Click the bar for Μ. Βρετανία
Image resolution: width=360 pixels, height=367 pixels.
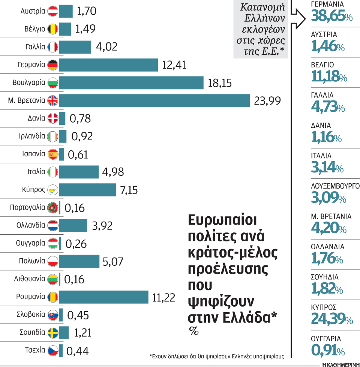(x=154, y=100)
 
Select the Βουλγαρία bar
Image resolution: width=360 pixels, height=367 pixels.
(x=131, y=83)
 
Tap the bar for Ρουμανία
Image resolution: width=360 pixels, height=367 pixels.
(x=103, y=297)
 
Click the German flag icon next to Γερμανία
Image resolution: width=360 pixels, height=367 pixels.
(x=53, y=65)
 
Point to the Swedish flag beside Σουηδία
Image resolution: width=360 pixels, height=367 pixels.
(x=53, y=333)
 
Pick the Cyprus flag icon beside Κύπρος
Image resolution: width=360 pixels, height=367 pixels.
(x=53, y=190)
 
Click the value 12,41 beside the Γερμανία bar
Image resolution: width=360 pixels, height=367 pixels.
(x=174, y=65)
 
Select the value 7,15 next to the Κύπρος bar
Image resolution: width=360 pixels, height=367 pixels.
(x=129, y=190)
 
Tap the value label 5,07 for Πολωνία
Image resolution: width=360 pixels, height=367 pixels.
(x=112, y=261)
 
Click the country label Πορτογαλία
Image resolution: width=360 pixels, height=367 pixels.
(x=28, y=207)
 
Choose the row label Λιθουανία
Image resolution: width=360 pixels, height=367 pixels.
(x=30, y=279)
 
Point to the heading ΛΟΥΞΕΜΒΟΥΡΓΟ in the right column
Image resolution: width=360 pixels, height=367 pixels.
(x=335, y=186)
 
